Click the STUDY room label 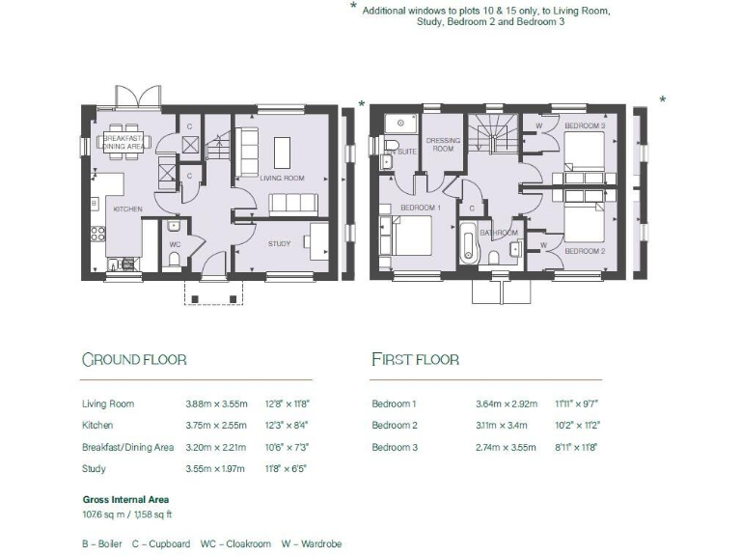pyautogui.click(x=279, y=243)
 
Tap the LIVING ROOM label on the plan pyautogui.click(x=282, y=178)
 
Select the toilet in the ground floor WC pyautogui.click(x=173, y=228)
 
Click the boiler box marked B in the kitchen pyautogui.click(x=94, y=204)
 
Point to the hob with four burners pyautogui.click(x=97, y=233)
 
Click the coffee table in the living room pyautogui.click(x=283, y=152)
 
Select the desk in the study pyautogui.click(x=317, y=241)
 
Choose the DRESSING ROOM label pyautogui.click(x=443, y=144)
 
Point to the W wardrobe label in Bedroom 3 pyautogui.click(x=538, y=125)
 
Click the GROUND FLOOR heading pyautogui.click(x=134, y=360)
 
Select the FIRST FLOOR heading pyautogui.click(x=415, y=360)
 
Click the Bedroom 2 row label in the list pyautogui.click(x=395, y=425)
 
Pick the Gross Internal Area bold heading pyautogui.click(x=126, y=499)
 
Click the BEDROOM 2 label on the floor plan pyautogui.click(x=585, y=251)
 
